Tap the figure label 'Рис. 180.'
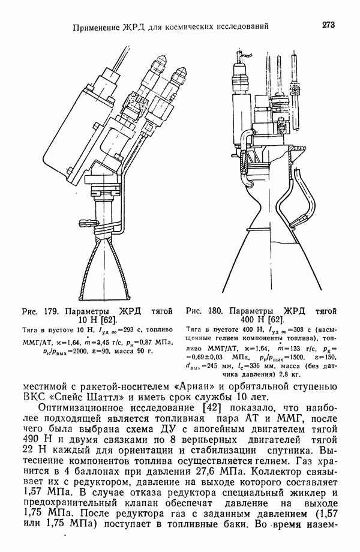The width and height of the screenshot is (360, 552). (x=203, y=311)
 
